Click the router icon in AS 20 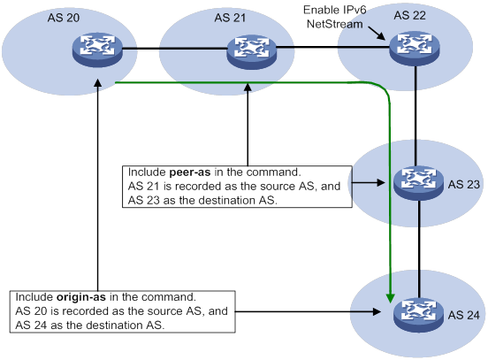click(97, 50)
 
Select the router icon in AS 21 click(251, 51)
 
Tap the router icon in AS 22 click(415, 48)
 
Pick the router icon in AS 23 click(418, 183)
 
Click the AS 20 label click(64, 18)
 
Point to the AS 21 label click(230, 18)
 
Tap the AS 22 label click(410, 16)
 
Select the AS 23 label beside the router click(464, 184)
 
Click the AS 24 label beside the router click(464, 315)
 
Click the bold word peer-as click(190, 172)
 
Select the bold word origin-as click(81, 297)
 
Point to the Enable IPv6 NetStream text click(335, 17)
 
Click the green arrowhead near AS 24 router click(390, 298)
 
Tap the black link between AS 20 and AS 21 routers click(174, 49)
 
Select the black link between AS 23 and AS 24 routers click(419, 249)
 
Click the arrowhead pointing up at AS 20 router click(98, 83)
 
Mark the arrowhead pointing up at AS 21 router click(248, 87)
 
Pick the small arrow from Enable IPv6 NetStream click(377, 34)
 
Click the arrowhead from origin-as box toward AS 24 click(377, 311)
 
